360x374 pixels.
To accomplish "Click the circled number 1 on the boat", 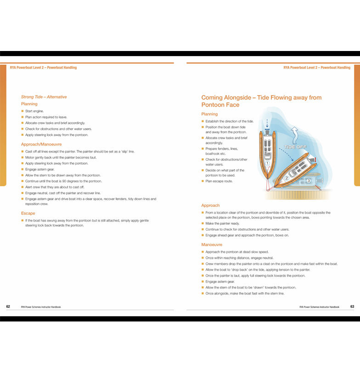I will tap(267, 164).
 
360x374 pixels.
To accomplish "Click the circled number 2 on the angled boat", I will tap(287, 178).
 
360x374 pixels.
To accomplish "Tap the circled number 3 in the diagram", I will tap(308, 181).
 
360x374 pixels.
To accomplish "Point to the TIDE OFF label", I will tap(295, 147).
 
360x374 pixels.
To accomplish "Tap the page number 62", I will tap(8, 306).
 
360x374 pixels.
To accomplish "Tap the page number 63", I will tap(352, 306).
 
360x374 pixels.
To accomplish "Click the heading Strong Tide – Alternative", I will tap(44, 97).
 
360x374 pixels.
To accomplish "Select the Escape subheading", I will tap(28, 213).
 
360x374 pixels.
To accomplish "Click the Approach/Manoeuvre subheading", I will tap(41, 144).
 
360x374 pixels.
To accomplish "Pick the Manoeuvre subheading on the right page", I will tap(212, 245).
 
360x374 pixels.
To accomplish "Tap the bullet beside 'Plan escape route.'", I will tap(202, 181).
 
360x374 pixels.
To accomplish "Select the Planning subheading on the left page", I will tap(29, 104).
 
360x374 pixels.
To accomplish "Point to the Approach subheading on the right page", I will tap(210, 205).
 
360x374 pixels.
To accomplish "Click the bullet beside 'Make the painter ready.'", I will tap(202, 224).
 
